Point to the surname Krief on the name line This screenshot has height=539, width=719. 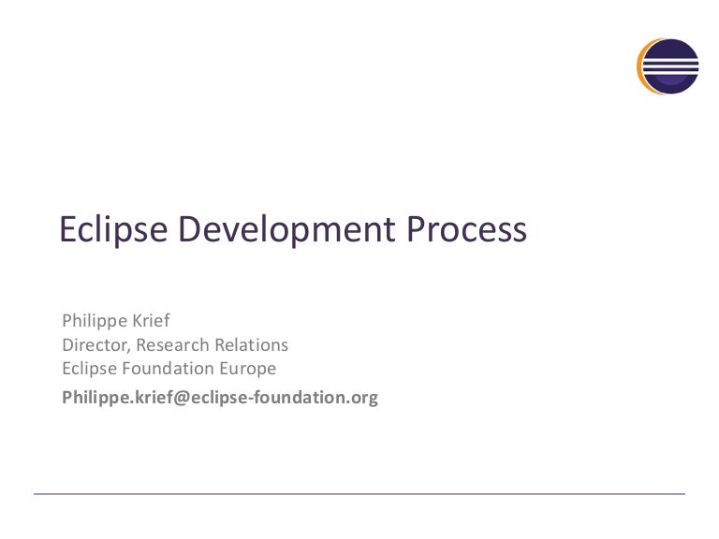click(148, 321)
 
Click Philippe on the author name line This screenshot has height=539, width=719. click(91, 321)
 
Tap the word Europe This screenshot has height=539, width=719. click(246, 368)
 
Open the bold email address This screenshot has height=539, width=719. click(220, 397)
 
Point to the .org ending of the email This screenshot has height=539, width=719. click(363, 398)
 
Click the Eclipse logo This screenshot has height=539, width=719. click(668, 66)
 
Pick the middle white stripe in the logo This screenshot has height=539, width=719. click(671, 66)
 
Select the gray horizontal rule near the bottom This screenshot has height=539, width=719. click(359, 493)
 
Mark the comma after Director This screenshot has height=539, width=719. click(126, 349)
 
